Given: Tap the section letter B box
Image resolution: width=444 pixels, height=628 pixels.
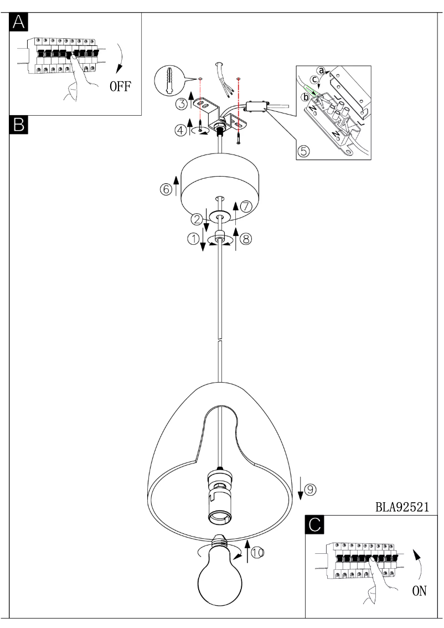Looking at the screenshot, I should pyautogui.click(x=18, y=125).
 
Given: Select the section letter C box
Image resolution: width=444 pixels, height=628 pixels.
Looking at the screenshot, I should pyautogui.click(x=314, y=524).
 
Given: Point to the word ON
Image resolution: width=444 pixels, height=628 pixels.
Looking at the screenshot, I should pyautogui.click(x=419, y=591).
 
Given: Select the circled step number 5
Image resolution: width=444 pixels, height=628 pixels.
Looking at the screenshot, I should pyautogui.click(x=304, y=150).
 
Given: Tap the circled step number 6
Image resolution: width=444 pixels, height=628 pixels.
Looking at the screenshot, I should pyautogui.click(x=166, y=189).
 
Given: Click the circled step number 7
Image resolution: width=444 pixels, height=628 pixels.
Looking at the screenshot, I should pyautogui.click(x=246, y=206).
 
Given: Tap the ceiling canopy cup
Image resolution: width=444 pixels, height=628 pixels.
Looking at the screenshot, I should pyautogui.click(x=220, y=180).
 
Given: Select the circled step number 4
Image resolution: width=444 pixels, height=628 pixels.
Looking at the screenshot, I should pyautogui.click(x=180, y=131).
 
